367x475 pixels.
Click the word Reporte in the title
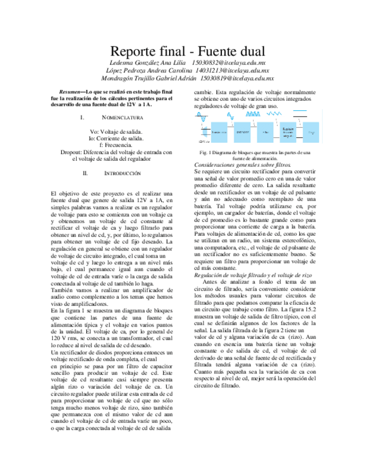click(x=135, y=50)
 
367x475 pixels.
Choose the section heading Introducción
click(x=121, y=174)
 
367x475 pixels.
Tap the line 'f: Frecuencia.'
click(x=116, y=145)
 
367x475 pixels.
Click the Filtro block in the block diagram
click(x=266, y=132)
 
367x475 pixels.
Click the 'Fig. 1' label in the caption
click(x=204, y=153)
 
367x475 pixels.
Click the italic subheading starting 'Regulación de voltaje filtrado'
click(x=251, y=275)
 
